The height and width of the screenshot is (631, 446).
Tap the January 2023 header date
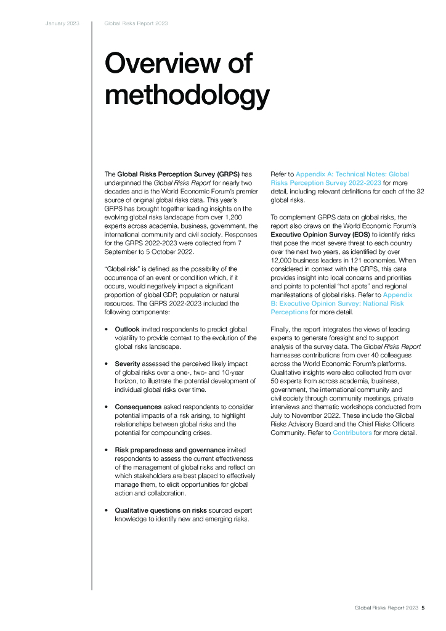click(x=62, y=23)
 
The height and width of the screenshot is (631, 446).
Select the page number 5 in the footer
click(x=423, y=608)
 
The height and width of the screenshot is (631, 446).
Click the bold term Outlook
click(x=128, y=330)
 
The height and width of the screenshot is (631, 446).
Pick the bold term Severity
click(x=128, y=364)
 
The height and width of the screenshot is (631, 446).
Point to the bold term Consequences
click(x=138, y=407)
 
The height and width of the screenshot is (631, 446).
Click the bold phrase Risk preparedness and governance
click(x=170, y=450)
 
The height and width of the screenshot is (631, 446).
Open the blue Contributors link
click(x=352, y=433)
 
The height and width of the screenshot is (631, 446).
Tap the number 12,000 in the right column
click(x=284, y=261)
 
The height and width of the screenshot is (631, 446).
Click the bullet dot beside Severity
click(x=107, y=364)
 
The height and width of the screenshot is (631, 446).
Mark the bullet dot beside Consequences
click(x=107, y=407)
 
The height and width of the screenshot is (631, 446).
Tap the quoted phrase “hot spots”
click(x=346, y=287)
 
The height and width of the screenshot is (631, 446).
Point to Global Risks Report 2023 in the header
click(x=136, y=23)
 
